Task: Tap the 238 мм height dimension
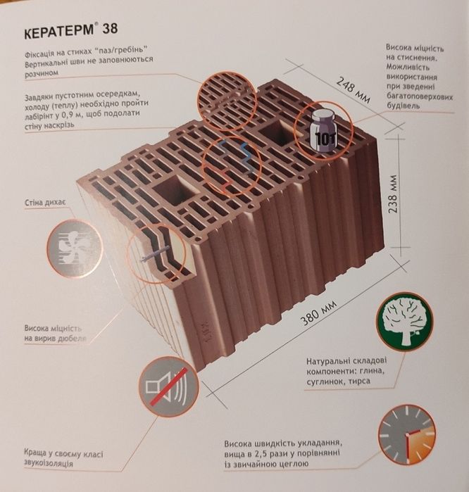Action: coord(394,194)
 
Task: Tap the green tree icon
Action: coord(404,321)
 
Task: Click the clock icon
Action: coord(407,435)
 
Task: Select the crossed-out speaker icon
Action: coord(168,387)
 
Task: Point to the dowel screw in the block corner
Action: coord(154,253)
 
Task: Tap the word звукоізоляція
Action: coord(49,463)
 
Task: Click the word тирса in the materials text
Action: coord(361,381)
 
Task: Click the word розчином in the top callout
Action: coord(42,72)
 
